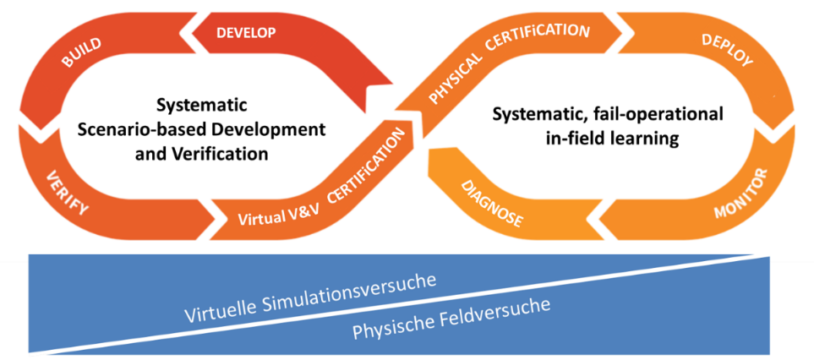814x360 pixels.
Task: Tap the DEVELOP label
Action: pos(246,33)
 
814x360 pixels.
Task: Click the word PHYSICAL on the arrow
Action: pos(456,77)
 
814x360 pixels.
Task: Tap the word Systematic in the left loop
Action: pos(201,106)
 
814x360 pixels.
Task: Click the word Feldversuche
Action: pos(496,311)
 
